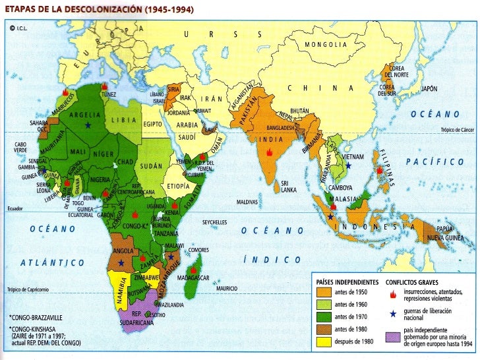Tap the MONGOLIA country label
(325, 45)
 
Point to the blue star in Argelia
(87, 125)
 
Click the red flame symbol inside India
(269, 152)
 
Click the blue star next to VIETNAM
(347, 166)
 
